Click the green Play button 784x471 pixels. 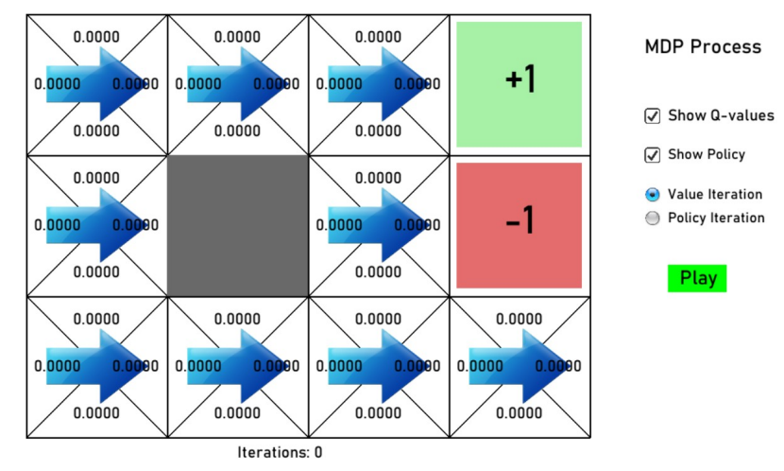tap(698, 278)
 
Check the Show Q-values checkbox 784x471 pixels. tap(652, 115)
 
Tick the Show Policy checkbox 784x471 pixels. tap(652, 154)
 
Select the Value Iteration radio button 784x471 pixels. tap(652, 195)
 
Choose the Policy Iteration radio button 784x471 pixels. tap(652, 218)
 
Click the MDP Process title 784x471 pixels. tap(702, 46)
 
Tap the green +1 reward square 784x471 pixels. tap(519, 84)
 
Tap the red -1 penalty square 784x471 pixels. tap(519, 225)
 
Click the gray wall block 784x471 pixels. tap(238, 225)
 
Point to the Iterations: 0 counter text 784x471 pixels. tap(280, 453)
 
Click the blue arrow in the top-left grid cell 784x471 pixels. tap(96, 84)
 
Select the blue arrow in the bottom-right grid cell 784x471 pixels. tap(520, 366)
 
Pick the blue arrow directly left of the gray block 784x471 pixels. tap(96, 225)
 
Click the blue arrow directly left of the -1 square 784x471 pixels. tap(378, 225)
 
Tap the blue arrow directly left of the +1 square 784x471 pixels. tap(378, 84)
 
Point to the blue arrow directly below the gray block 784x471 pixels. tap(237, 366)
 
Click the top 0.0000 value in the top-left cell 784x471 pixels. tap(96, 37)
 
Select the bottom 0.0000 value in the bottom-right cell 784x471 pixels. tap(520, 413)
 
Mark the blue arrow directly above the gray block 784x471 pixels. tap(237, 84)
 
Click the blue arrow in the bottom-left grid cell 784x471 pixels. tap(96, 366)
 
